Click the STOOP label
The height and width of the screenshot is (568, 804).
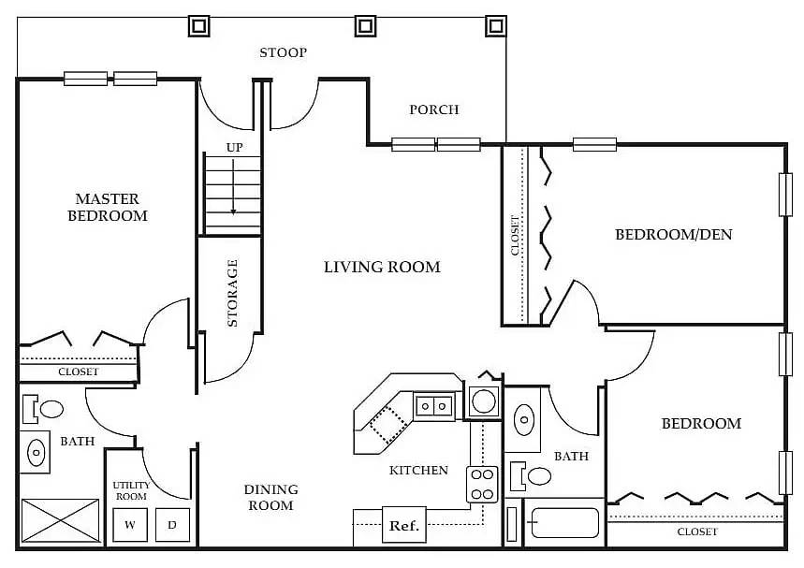(283, 52)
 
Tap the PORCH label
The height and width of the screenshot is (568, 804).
(433, 109)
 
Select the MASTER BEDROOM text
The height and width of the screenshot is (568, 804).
(108, 207)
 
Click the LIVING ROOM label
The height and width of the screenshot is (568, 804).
(382, 267)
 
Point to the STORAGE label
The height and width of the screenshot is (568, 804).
(232, 293)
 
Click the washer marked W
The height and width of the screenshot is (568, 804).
(130, 524)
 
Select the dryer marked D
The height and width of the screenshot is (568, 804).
(172, 524)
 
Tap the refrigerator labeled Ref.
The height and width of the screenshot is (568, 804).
(404, 525)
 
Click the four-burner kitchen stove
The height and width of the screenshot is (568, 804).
(482, 485)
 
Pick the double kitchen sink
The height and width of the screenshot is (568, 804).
(433, 406)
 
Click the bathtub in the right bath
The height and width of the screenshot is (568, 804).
(564, 522)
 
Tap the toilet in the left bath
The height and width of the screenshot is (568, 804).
(43, 409)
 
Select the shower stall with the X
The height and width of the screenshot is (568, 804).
(60, 520)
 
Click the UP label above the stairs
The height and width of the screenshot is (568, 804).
(234, 148)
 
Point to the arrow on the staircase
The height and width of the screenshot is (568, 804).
(233, 187)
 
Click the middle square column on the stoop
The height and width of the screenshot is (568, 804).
(365, 25)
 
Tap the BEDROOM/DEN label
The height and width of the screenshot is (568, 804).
(673, 234)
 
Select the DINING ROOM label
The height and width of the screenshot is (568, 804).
(270, 497)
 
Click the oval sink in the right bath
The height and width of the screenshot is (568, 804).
(523, 420)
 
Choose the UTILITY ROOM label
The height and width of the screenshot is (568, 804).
(131, 490)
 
